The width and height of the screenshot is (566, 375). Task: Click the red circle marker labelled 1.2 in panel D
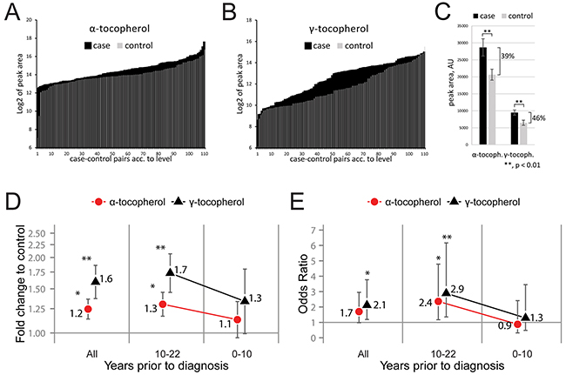click(x=88, y=309)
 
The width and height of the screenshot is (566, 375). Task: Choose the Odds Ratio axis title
click(x=305, y=278)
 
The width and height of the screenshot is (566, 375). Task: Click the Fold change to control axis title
click(x=20, y=279)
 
